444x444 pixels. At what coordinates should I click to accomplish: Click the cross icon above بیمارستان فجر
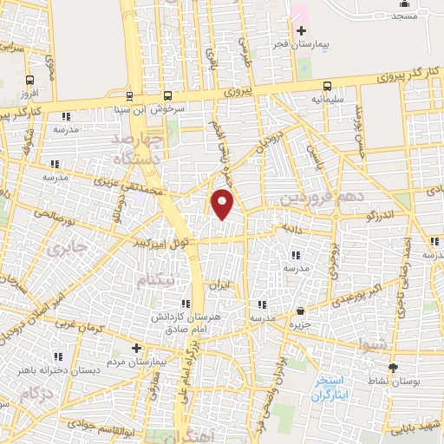coord(301,30)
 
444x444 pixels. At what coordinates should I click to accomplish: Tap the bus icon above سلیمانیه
coord(327,85)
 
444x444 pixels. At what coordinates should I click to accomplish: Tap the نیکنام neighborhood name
coord(161,279)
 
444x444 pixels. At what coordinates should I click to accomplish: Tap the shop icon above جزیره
coord(300,310)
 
